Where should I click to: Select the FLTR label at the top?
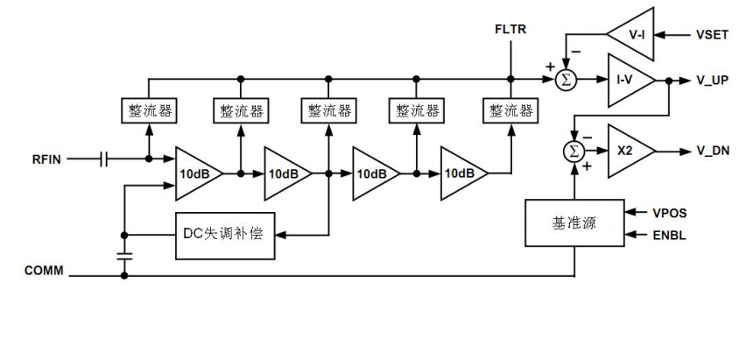pos(510,32)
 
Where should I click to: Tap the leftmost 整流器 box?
pos(148,111)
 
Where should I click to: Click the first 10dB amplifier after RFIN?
pos(194,173)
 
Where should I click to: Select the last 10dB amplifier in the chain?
pos(460,173)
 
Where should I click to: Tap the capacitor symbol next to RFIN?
pos(105,160)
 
